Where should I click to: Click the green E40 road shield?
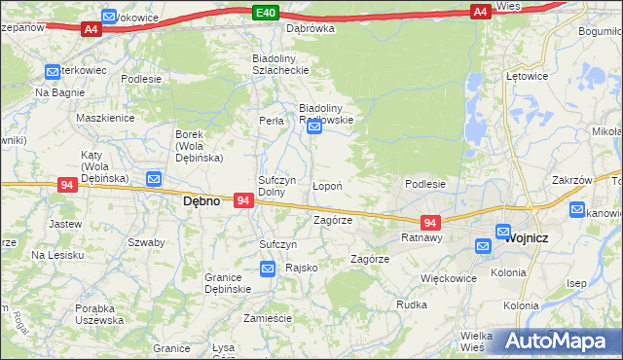(x=266, y=12)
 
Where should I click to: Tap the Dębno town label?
(x=202, y=201)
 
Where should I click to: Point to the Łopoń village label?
(x=326, y=186)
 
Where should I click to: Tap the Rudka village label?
(x=412, y=305)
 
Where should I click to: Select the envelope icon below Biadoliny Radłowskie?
(x=314, y=127)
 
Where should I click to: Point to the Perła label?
(x=271, y=122)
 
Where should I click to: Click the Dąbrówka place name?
(x=310, y=28)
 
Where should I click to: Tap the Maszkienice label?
(x=105, y=117)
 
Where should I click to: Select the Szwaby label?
(x=145, y=242)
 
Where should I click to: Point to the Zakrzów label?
(x=571, y=180)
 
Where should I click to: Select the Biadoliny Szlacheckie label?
(x=280, y=63)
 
